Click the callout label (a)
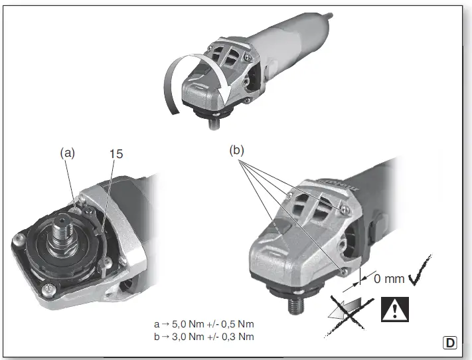click(x=66, y=153)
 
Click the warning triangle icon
click(x=396, y=308)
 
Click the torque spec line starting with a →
click(x=204, y=324)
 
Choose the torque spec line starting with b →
click(x=204, y=336)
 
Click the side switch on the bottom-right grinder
click(x=371, y=230)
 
